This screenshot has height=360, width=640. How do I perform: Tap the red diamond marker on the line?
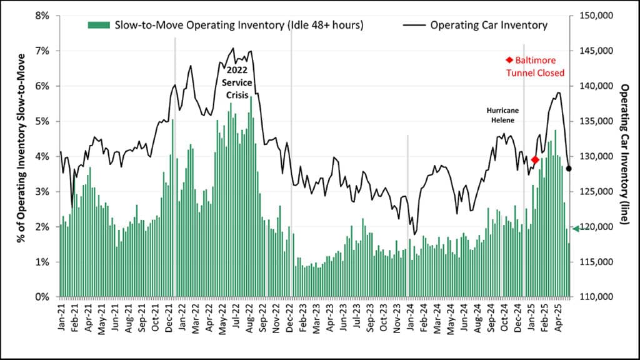coord(535,160)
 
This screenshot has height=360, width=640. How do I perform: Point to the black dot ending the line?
coord(569,168)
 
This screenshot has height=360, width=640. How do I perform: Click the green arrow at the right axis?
coord(576,229)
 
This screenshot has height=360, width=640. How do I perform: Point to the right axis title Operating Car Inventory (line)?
coord(625,156)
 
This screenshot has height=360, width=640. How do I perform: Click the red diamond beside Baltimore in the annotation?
coord(509,60)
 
